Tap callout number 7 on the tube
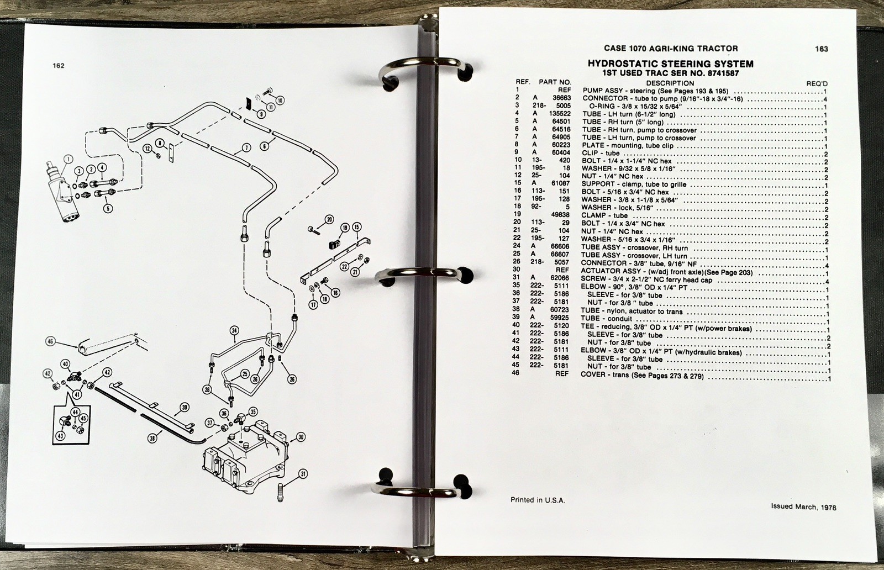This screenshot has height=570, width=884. (246, 147)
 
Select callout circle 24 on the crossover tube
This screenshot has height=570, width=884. (234, 331)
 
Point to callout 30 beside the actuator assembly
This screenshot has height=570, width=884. (301, 437)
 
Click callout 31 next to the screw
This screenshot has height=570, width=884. (303, 474)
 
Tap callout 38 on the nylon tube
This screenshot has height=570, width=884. (152, 437)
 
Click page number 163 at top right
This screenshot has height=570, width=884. (821, 49)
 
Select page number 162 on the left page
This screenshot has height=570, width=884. (59, 66)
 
